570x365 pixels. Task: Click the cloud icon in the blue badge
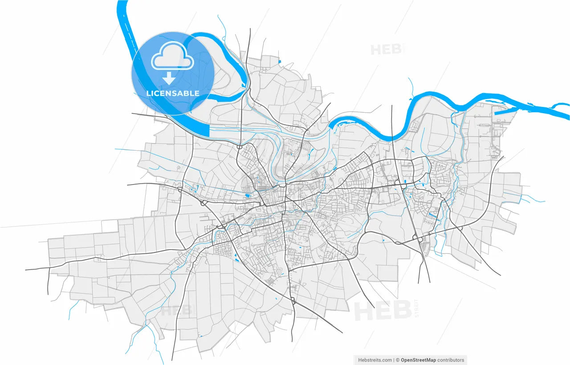click(x=172, y=57)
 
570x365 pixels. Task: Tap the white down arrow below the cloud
click(x=169, y=79)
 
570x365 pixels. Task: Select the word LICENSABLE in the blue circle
click(x=173, y=94)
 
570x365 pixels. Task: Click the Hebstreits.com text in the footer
click(x=375, y=360)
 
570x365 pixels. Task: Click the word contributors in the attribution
click(x=451, y=360)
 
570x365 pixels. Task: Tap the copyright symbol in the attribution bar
click(x=398, y=360)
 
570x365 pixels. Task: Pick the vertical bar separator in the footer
click(x=394, y=360)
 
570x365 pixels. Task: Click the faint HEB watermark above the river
click(x=387, y=49)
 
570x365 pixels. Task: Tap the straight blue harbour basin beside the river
click(x=508, y=112)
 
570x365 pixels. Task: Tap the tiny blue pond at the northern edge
click(x=279, y=61)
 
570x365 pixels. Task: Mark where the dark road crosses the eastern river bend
click(x=392, y=136)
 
